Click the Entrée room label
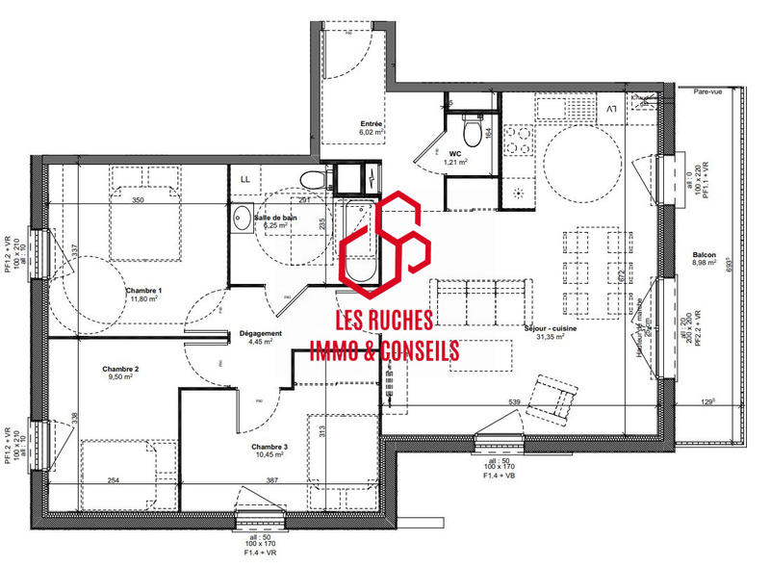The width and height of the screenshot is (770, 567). coord(371,124)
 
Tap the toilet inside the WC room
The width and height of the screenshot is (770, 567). coord(472,128)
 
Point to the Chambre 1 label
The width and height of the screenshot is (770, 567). coord(144,291)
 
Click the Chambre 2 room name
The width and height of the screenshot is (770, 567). coord(121,370)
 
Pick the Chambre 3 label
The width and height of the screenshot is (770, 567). coord(269,448)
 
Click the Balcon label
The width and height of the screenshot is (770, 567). coord(704,255)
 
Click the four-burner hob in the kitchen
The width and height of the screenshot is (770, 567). coord(518,142)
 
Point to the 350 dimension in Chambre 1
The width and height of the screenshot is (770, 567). coord(138,201)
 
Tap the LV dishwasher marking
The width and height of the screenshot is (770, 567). coord(612,110)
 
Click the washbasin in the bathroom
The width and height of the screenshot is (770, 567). coord(241,216)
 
